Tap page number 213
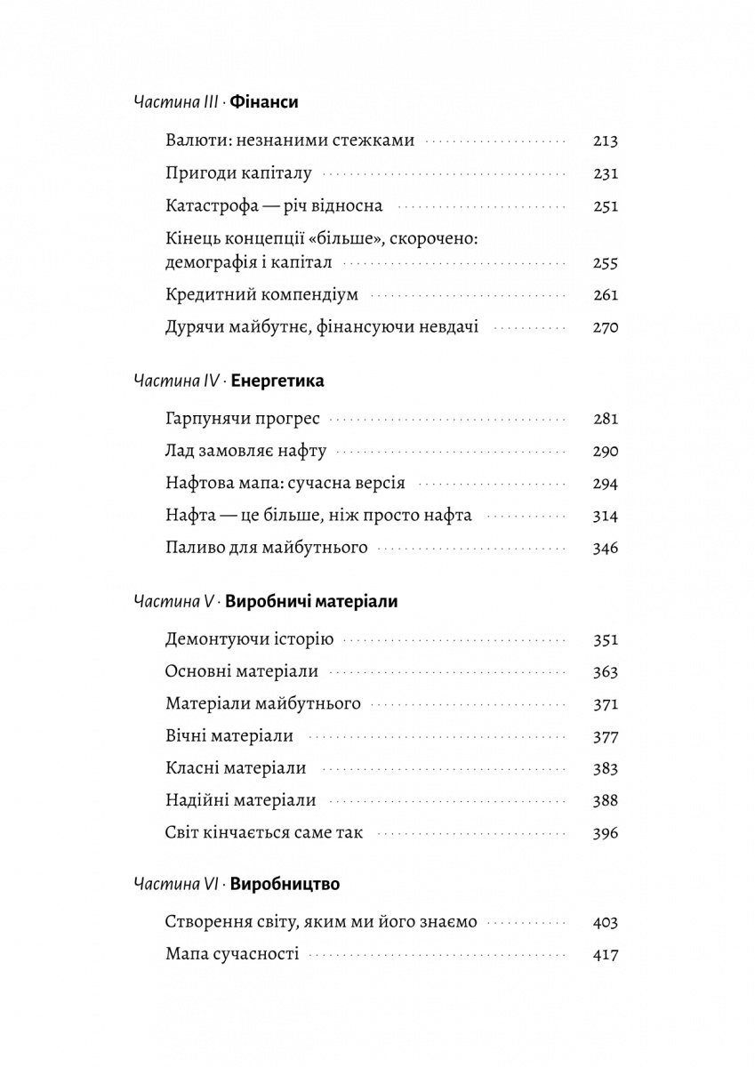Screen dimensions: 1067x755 (605, 140)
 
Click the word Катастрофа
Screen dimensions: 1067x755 (210, 205)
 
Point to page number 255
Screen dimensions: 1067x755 (605, 263)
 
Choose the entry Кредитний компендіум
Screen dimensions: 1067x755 (261, 295)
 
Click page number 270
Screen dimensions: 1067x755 (605, 327)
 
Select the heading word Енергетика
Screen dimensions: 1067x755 (277, 381)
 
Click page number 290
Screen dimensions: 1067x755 (605, 452)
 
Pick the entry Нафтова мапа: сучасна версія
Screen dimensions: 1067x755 (285, 484)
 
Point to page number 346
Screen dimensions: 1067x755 (605, 548)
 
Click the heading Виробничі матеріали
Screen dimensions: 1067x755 (312, 602)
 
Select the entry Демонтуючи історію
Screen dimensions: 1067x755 (249, 640)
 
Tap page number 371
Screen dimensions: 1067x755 (605, 704)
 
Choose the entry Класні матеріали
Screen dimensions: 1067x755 (236, 768)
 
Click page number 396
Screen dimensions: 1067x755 (605, 833)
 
